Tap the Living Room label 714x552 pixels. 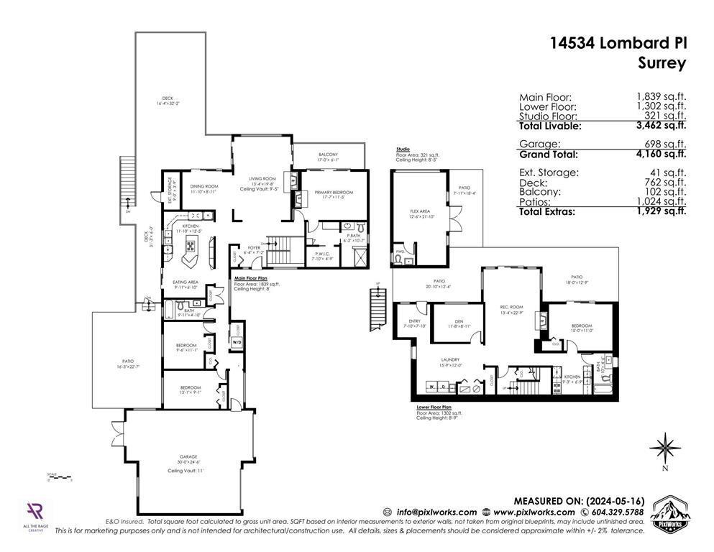click(262, 179)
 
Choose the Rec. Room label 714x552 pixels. click(511, 306)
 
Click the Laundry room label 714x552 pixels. click(450, 359)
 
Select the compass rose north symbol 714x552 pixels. click(665, 448)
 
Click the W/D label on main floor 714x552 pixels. click(237, 341)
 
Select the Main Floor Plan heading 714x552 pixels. click(251, 276)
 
